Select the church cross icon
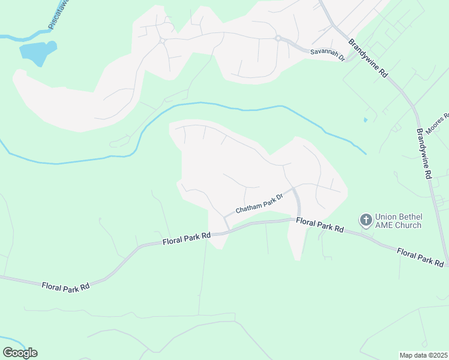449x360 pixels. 365,220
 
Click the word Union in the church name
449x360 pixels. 387,217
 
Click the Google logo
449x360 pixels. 20,353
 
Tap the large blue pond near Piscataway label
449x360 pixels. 38,52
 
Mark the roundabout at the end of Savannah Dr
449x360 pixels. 278,38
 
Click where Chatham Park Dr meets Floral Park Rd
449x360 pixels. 227,228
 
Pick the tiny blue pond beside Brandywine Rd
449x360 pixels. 365,120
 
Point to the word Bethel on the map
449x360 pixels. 412,217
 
